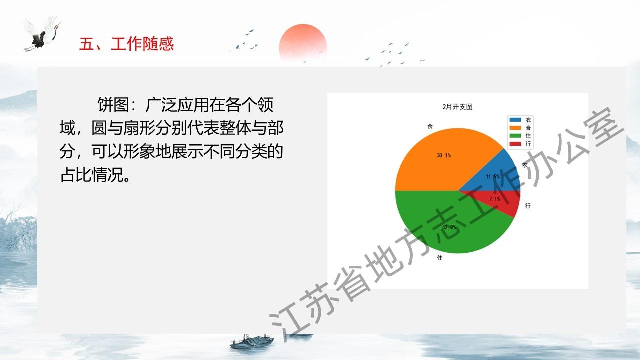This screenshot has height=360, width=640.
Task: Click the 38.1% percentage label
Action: pos(444,155)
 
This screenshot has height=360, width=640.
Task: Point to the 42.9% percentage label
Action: pos(449,227)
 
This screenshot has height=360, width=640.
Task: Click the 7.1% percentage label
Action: pos(494,199)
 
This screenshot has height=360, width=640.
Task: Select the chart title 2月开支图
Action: pos(457,107)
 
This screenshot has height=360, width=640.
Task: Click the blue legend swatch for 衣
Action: pos(515,120)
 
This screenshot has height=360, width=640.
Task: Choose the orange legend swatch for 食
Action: pos(515,128)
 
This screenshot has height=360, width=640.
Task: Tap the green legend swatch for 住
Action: pos(515,136)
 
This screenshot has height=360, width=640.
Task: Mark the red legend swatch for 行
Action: pos(515,144)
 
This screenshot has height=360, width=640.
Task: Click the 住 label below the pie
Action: pos(440,258)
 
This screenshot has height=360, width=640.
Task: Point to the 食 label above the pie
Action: pos(430,126)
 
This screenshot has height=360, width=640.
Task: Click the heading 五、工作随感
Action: pos(126,44)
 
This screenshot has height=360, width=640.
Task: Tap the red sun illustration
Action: pos(303,44)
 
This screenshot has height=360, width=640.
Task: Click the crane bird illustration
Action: pos(43,34)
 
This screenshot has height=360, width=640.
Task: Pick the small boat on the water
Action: pos(252,341)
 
